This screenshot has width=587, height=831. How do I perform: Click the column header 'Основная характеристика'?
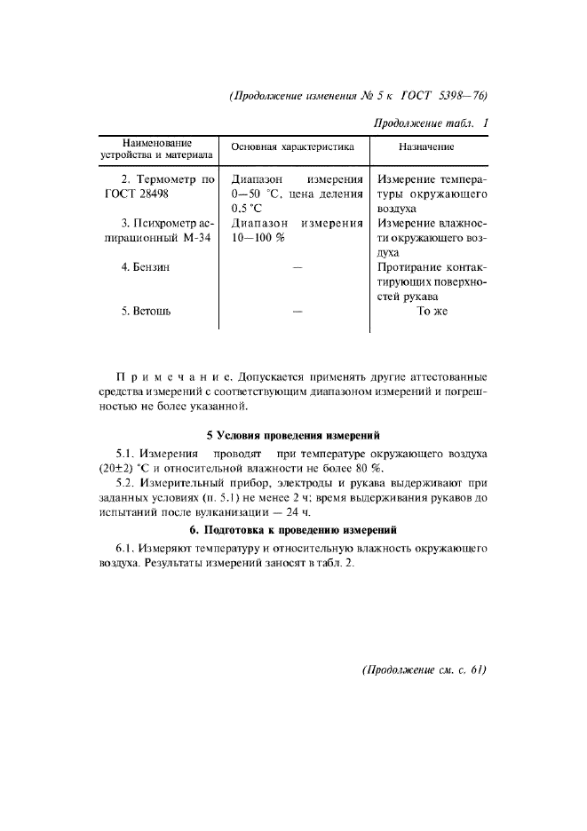tap(292, 146)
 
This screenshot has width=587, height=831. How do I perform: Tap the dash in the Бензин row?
tap(297, 266)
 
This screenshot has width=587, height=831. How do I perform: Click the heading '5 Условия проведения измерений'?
tap(293, 435)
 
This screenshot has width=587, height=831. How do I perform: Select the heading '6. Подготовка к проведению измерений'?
tap(293, 530)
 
